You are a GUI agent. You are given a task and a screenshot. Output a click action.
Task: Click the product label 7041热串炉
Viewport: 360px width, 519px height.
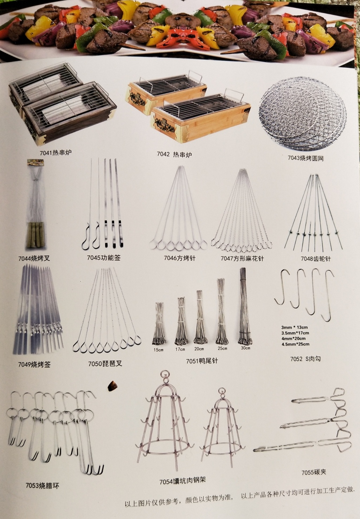(56, 153)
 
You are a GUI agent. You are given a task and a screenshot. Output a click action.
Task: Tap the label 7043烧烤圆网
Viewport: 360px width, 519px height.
(306, 158)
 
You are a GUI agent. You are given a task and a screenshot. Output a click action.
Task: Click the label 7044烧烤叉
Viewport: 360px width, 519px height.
(34, 258)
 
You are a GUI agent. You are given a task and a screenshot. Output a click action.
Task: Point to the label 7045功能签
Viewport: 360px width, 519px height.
(104, 258)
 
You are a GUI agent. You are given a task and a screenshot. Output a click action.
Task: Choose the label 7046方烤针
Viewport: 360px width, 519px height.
(180, 258)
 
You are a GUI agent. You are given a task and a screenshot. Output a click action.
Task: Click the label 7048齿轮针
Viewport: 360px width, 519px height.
(316, 259)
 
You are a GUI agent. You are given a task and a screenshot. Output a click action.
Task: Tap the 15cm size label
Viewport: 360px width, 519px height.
(158, 350)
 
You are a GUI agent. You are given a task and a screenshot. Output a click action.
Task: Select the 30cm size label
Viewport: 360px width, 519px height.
(245, 348)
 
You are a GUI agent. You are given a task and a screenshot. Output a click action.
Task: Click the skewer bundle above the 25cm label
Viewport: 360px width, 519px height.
(222, 312)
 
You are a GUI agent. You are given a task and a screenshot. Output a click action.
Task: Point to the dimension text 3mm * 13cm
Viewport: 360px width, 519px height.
(295, 327)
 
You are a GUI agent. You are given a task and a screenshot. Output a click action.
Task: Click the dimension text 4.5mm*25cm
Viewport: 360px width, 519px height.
(296, 344)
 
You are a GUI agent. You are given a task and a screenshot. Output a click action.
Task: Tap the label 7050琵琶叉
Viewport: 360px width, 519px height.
(105, 364)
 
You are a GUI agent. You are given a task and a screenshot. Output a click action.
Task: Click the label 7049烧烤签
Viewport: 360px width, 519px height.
(34, 364)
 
